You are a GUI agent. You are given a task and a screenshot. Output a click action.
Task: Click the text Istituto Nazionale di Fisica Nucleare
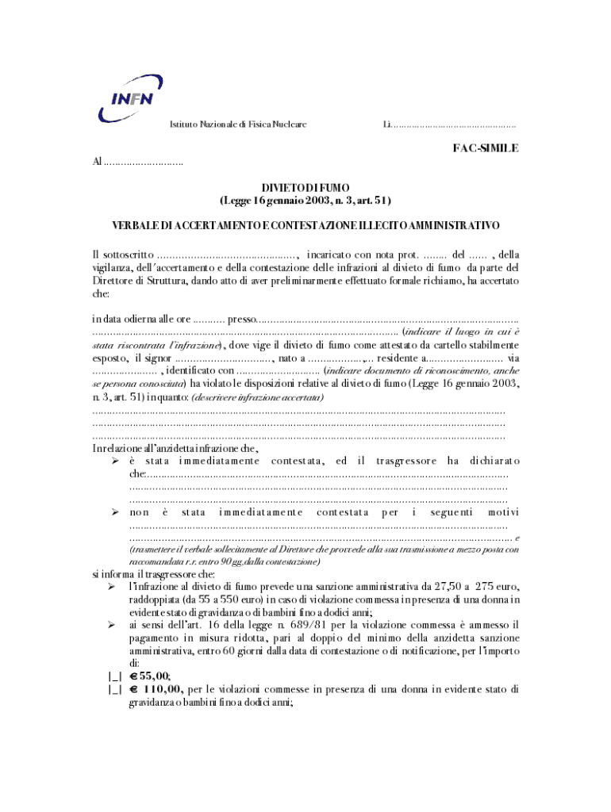tap(239, 124)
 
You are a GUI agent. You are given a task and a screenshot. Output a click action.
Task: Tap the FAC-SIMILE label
tap(486, 148)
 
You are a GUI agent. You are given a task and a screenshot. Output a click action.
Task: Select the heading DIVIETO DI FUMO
tap(305, 187)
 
